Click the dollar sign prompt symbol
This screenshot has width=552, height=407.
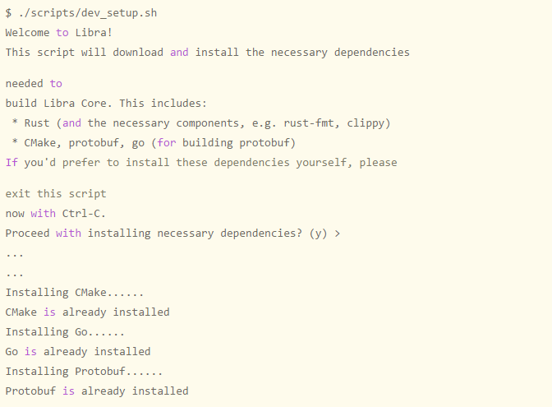click(x=8, y=13)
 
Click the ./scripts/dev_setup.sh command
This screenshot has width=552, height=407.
click(x=88, y=13)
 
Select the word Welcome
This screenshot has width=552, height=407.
click(x=27, y=33)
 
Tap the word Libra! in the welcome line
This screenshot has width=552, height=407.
click(x=94, y=33)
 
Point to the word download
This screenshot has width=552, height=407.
click(x=138, y=52)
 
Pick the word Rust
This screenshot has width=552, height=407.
click(x=37, y=123)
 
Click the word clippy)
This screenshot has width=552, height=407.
click(x=369, y=123)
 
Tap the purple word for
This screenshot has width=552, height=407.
click(x=167, y=143)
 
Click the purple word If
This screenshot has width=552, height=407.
click(x=11, y=163)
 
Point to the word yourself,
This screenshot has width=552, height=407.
click(x=324, y=163)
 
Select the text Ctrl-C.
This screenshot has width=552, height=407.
click(x=84, y=214)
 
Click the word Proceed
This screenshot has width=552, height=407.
click(x=27, y=234)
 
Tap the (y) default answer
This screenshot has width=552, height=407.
click(x=318, y=234)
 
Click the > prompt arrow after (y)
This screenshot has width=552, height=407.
click(x=338, y=234)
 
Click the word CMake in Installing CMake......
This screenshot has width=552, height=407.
click(x=90, y=293)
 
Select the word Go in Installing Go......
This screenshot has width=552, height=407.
click(x=81, y=332)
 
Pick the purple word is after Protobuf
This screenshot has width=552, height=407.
click(x=69, y=391)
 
